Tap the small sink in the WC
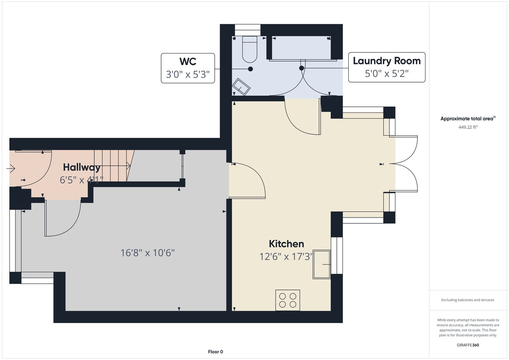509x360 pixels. tap(241, 87)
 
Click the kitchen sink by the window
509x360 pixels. tap(322, 265)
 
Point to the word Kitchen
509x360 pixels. tap(286, 244)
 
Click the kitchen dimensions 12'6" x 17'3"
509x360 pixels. tap(286, 257)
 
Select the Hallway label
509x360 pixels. tap(82, 167)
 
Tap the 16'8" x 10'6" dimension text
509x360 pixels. tap(148, 253)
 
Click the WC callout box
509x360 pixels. tap(188, 68)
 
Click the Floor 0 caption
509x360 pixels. tap(215, 352)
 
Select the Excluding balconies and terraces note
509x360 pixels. tap(467, 300)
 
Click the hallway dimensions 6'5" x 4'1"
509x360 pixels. tap(82, 180)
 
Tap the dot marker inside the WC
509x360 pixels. tap(250, 69)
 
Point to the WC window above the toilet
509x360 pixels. tap(247, 30)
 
